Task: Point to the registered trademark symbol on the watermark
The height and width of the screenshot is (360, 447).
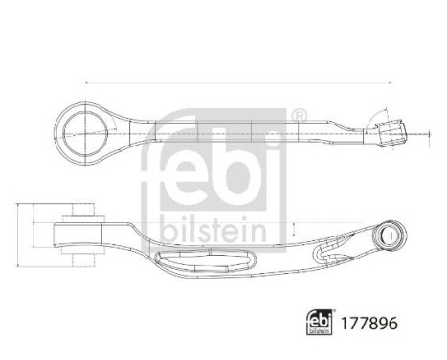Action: click(x=299, y=117)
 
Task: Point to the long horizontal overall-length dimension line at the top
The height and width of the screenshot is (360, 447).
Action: click(x=239, y=82)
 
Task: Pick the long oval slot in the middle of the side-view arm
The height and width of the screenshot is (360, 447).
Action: click(x=206, y=256)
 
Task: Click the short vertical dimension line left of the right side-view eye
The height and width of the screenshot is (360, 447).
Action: click(x=294, y=235)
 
